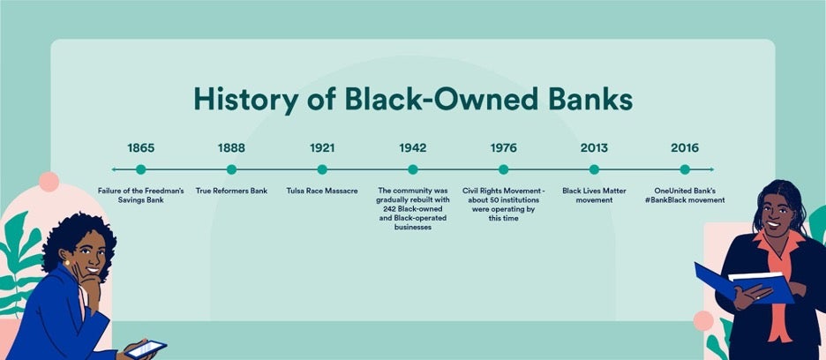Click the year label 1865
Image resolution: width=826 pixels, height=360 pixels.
140,147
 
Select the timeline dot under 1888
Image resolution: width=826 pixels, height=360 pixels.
231,169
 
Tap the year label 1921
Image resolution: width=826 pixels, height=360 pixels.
322,147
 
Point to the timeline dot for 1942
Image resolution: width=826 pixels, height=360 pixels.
413,169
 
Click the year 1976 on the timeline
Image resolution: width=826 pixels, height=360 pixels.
503,147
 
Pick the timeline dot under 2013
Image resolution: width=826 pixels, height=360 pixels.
594,169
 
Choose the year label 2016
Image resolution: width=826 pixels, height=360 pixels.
685,147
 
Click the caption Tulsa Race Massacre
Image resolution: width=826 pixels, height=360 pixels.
322,191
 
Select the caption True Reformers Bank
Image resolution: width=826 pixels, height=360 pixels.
231,191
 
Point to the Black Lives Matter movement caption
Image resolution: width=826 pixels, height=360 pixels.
594,195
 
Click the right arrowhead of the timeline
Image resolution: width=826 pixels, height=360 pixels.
711,169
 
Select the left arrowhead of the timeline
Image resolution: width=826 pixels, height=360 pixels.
114,169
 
